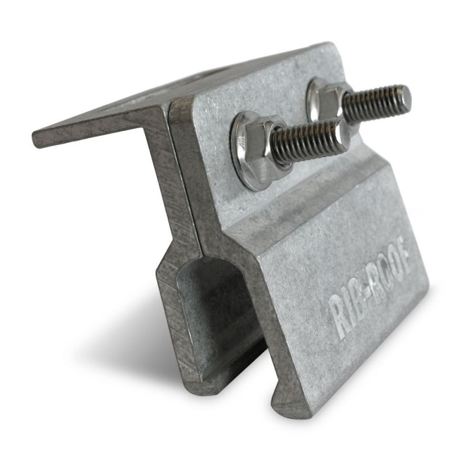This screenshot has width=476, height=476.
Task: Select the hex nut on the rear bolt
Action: (x=325, y=98)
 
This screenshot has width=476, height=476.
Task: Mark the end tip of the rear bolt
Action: (x=405, y=98)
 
